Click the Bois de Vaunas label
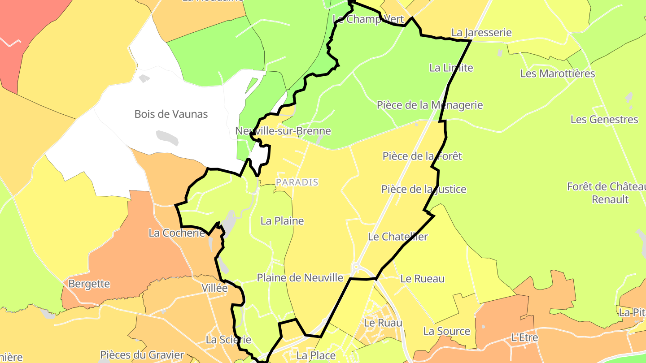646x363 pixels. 171,114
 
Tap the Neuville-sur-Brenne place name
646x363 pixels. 283,131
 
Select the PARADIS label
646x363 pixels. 297,182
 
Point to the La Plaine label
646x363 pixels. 282,220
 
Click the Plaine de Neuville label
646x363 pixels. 300,278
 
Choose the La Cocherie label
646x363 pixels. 177,233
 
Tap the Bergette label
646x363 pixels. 89,284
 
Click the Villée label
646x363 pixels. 214,288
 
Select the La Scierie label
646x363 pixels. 228,340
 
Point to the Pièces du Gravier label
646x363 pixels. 142,355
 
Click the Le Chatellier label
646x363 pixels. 398,237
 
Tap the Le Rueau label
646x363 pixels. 422,278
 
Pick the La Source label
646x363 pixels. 447,331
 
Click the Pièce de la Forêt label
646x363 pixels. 422,156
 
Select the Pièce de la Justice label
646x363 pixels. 423,189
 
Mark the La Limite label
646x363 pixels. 451,68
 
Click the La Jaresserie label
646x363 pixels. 481,33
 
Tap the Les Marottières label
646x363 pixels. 558,73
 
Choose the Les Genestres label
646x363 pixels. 604,119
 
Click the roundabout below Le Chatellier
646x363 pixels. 356,268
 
